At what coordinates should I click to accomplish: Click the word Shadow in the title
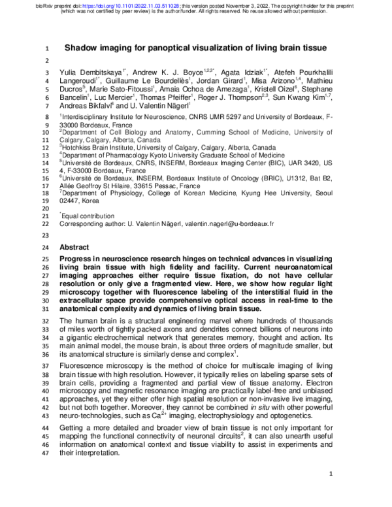[x=84, y=48]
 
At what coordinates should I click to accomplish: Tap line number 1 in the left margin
[x=47, y=48]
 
